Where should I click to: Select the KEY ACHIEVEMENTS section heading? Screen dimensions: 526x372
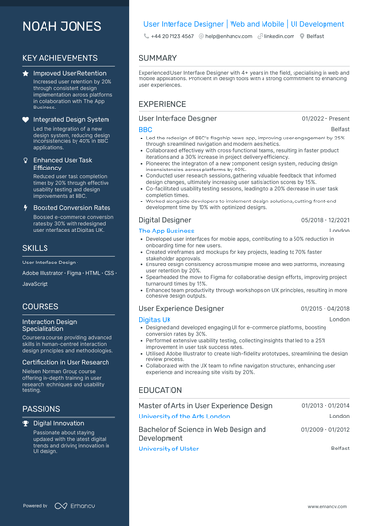coord(61,58)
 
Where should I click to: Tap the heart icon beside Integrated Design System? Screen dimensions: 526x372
coord(26,118)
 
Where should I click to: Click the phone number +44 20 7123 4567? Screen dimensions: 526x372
coord(173,35)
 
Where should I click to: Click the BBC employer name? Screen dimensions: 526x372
coord(145,129)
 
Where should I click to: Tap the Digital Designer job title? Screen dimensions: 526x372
coord(166,221)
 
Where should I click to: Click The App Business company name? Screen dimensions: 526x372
coord(166,232)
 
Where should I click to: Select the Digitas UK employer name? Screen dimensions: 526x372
coord(155,318)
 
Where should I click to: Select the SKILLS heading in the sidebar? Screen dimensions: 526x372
coord(35,247)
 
